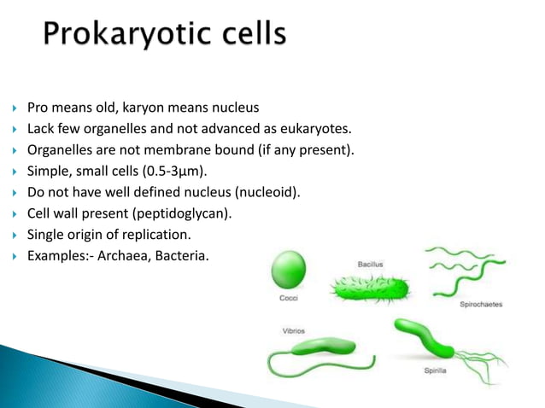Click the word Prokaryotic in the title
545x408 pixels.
(128, 36)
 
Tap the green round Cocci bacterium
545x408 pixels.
(288, 271)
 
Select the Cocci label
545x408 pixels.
(289, 299)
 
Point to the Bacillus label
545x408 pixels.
(370, 264)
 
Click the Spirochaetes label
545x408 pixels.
(481, 304)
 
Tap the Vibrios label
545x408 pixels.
(295, 330)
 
